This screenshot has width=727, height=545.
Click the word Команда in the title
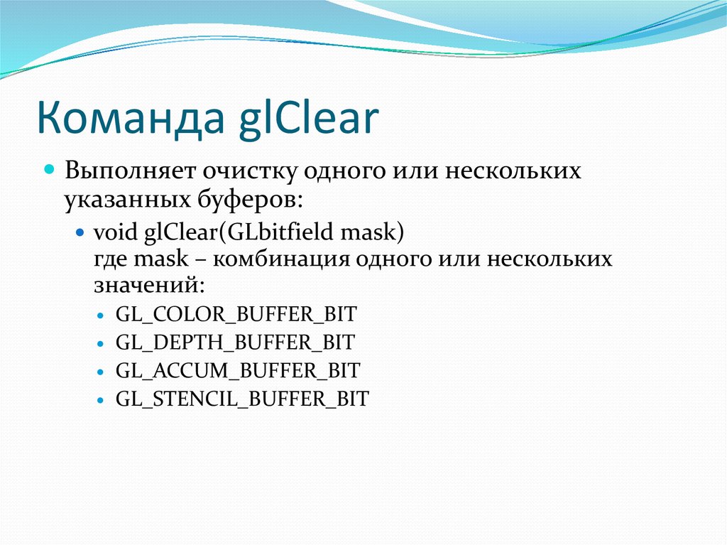click(x=128, y=119)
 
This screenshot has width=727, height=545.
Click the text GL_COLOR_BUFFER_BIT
click(x=236, y=313)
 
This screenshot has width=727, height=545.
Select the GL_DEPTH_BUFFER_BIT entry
click(x=235, y=342)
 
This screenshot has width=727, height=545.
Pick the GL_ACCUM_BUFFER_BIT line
click(x=238, y=370)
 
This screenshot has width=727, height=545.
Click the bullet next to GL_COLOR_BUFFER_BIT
click(x=99, y=315)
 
